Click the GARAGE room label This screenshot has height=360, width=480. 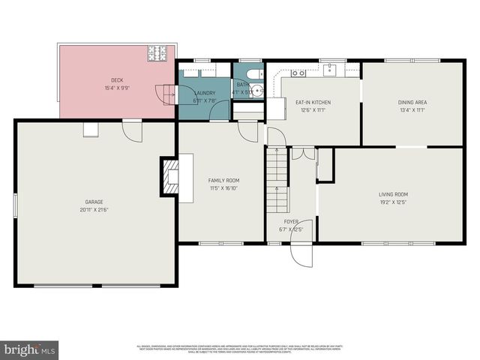coord(94,201)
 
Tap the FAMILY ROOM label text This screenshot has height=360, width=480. coord(223,181)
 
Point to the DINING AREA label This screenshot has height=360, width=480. coord(412,102)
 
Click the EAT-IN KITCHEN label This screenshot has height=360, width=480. coord(313,102)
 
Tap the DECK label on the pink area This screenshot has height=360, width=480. coord(117,79)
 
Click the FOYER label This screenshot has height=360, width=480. coord(290,221)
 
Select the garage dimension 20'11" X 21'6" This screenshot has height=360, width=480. coord(94,209)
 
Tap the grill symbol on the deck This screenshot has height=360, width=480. coord(158,53)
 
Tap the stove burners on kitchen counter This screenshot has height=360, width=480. coord(298,73)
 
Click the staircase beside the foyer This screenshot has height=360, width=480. coord(277,180)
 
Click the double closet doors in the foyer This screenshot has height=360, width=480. coord(303,153)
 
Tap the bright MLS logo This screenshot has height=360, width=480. coord(30,349)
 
